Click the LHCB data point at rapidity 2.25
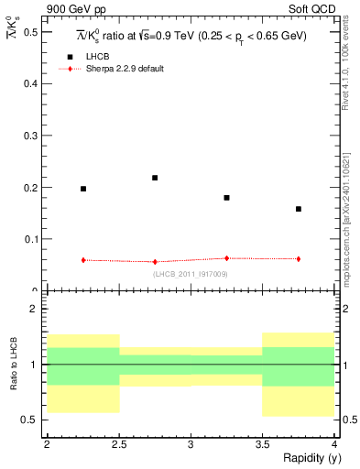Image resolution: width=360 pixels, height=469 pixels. pyautogui.click(x=83, y=189)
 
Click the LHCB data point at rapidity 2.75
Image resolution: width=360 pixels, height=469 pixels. pyautogui.click(x=155, y=178)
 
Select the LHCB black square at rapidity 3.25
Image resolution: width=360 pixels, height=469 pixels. pyautogui.click(x=226, y=198)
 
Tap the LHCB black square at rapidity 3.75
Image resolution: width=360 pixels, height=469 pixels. pyautogui.click(x=299, y=209)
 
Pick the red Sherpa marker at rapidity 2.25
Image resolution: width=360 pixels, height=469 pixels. pyautogui.click(x=83, y=260)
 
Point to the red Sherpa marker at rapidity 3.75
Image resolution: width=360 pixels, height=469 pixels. pyautogui.click(x=299, y=259)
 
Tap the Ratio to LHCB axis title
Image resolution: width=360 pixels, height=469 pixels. pyautogui.click(x=14, y=364)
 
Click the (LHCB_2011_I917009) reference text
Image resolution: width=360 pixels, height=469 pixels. pyautogui.click(x=191, y=274)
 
